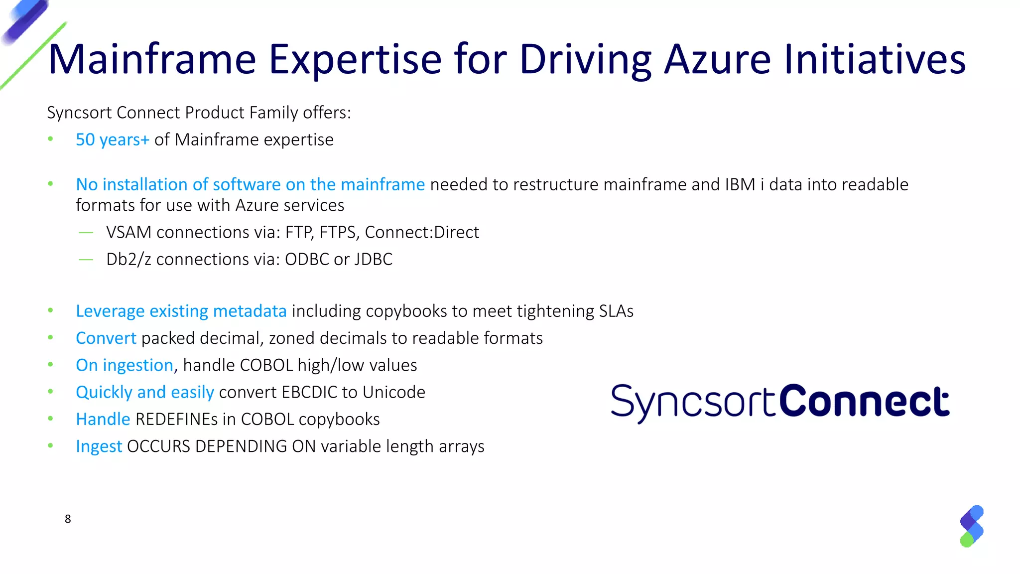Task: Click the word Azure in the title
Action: click(718, 59)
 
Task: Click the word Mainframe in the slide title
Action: click(152, 59)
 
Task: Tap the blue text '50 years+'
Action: click(112, 140)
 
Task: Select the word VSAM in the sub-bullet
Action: click(128, 233)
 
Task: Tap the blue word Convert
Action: click(106, 338)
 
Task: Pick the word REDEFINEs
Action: click(176, 420)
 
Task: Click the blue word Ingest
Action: click(99, 446)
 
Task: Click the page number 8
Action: click(68, 519)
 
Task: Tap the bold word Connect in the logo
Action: click(864, 402)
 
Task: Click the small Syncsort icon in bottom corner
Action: click(971, 526)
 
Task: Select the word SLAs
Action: click(616, 311)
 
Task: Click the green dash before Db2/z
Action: click(86, 260)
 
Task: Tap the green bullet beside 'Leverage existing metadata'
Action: click(50, 311)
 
